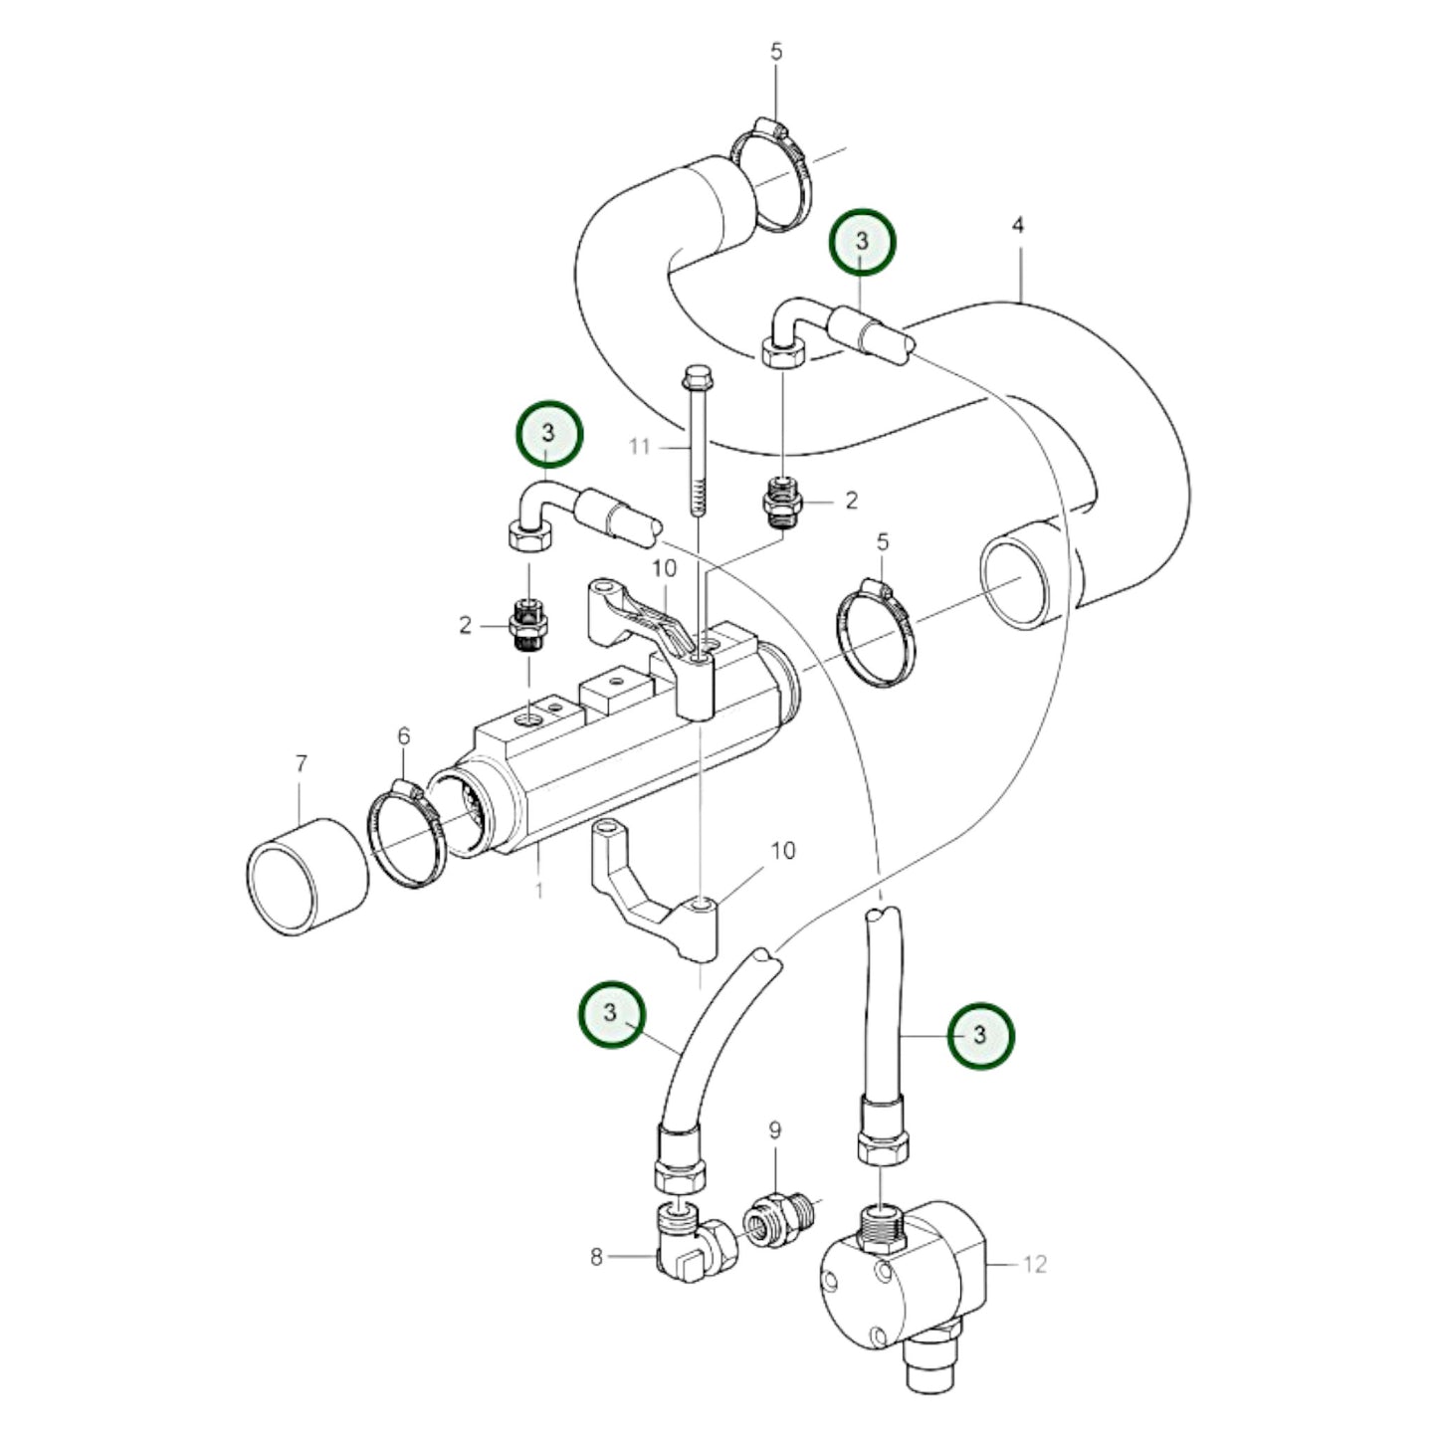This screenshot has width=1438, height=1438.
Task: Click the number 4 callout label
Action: coord(1017,226)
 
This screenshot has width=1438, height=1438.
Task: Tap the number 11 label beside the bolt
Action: coord(639,447)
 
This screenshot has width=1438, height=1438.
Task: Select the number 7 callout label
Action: coord(302,764)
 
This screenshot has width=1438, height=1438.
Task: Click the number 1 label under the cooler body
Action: coord(538,889)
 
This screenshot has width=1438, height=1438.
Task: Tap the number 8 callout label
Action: coord(596,1258)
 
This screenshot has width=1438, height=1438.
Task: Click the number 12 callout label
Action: coord(1035,1264)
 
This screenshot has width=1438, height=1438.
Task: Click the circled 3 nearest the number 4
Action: coord(863,241)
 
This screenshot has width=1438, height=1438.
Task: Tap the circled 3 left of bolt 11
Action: coord(547,433)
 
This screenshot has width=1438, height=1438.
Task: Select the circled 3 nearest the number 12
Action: coord(980,1035)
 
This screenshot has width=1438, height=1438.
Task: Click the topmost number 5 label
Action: coord(776,53)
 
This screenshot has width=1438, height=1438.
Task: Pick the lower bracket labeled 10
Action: coord(657,896)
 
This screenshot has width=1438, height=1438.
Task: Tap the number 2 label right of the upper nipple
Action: coord(851,501)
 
